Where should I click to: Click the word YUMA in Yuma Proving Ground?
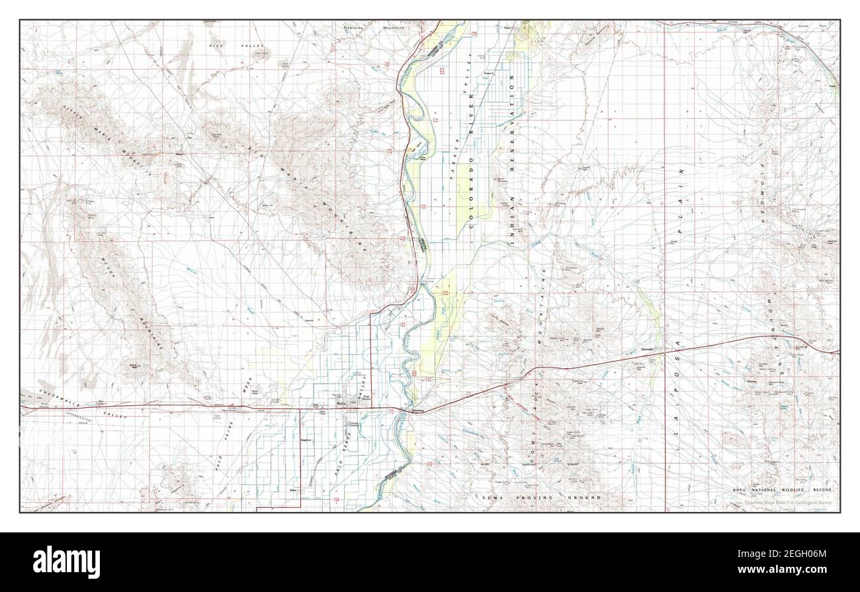[493, 497]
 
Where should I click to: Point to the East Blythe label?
[365, 399]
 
